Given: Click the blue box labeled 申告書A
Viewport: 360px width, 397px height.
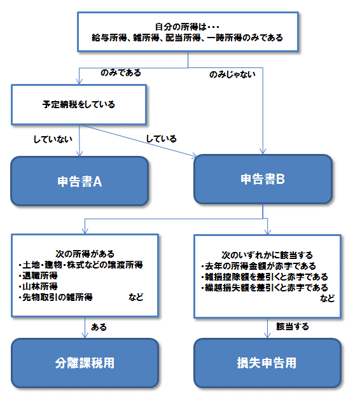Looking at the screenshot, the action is pos(80,181).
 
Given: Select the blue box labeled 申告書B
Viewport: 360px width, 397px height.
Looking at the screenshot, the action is pos(263,179).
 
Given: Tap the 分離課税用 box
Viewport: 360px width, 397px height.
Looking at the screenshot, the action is pos(85,363).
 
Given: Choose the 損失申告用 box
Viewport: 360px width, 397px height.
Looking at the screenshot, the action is pos(267,363).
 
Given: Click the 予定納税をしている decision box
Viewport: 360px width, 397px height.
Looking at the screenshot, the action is pos(79,104).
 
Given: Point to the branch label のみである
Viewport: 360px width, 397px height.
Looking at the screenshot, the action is pos(121,73).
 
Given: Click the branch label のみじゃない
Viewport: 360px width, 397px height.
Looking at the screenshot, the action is pos(232,74).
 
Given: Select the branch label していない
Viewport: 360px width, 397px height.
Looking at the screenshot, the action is pos(53,139).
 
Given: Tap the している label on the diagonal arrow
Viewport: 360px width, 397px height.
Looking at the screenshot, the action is pos(162,139).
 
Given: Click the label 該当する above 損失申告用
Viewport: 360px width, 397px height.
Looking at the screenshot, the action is pos(293,326).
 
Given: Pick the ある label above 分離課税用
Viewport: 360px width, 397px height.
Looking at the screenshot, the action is pos(99,327).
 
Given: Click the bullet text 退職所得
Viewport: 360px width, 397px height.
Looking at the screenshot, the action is pos(39,275).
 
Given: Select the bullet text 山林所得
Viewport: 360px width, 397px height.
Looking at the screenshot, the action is pos(39,286).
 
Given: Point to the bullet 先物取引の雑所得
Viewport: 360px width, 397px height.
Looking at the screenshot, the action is pos(57,297).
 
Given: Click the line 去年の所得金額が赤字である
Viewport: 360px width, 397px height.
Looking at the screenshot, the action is pos(260,266).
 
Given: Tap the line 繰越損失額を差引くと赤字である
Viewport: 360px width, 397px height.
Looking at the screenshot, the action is pos(266,288).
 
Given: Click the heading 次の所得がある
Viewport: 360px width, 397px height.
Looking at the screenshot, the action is pos(85,254).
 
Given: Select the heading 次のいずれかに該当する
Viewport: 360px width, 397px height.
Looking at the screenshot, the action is pos(267,255).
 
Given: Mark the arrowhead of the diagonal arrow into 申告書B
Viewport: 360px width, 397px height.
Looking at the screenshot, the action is pos(195,155).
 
